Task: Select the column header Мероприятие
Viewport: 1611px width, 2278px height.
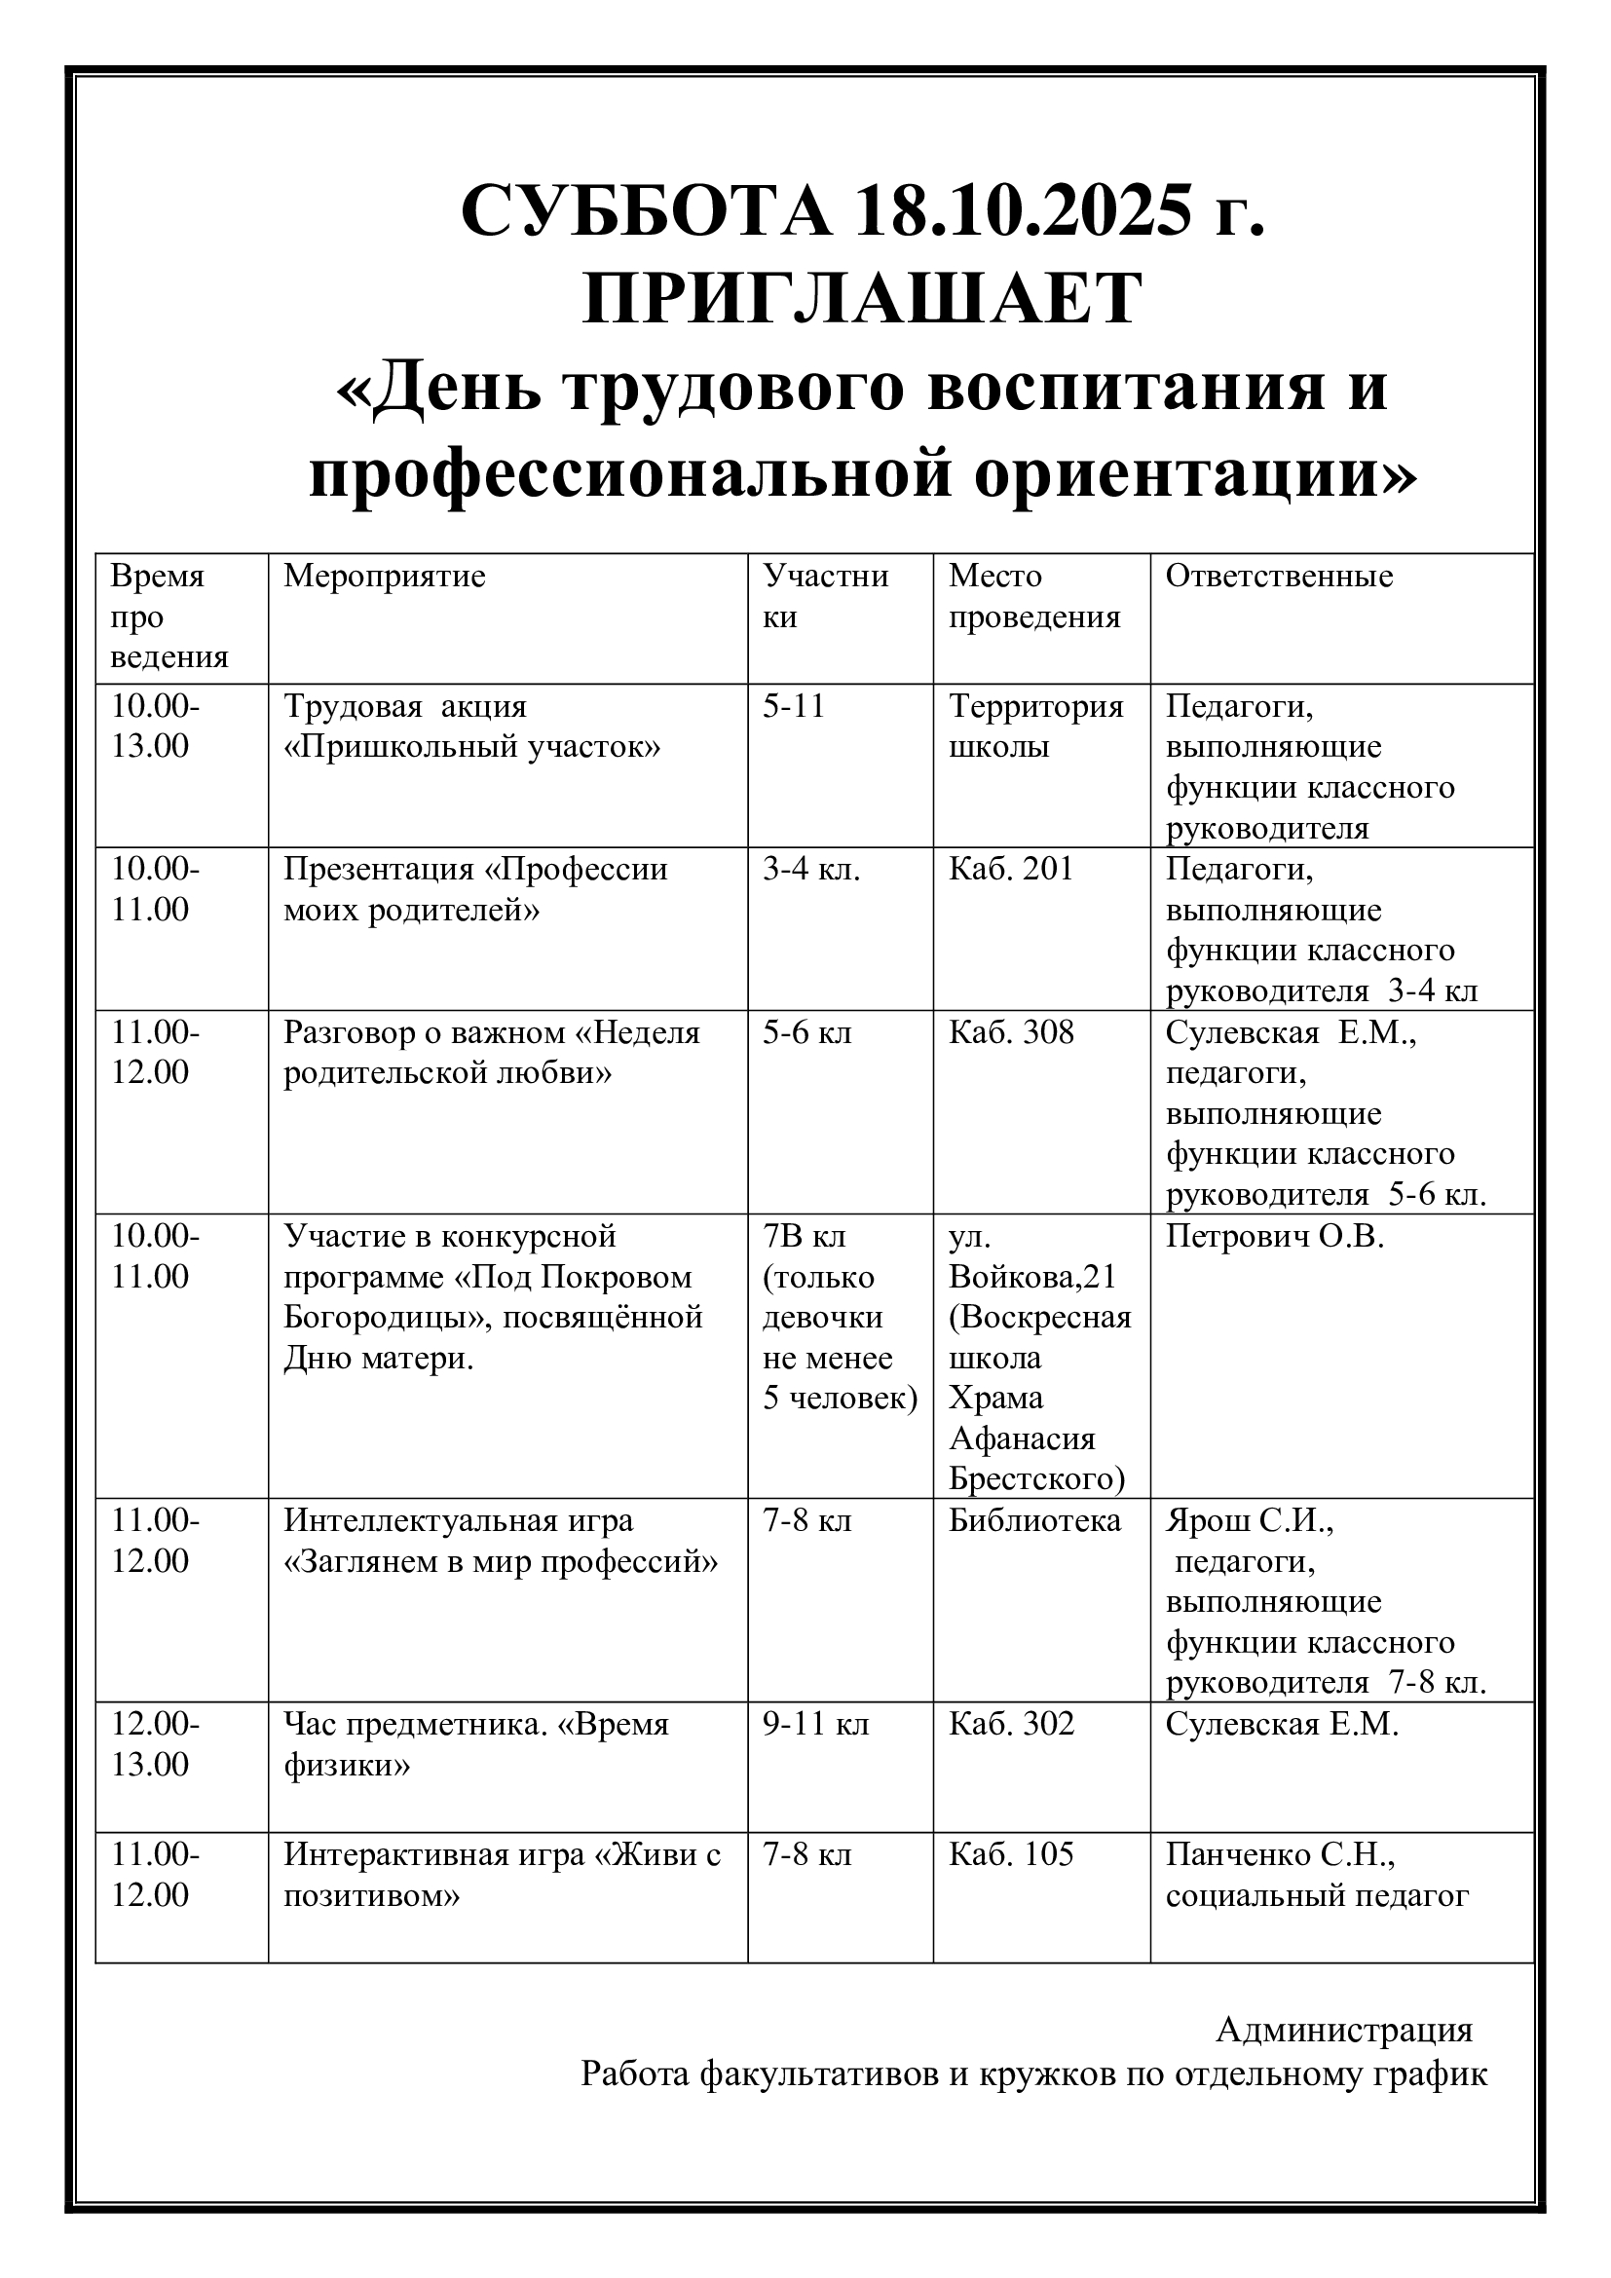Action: click(x=384, y=577)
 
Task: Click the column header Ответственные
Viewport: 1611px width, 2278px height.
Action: click(x=1279, y=577)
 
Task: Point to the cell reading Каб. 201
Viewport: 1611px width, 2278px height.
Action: click(x=1010, y=869)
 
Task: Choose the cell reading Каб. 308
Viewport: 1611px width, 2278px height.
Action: click(x=1010, y=1032)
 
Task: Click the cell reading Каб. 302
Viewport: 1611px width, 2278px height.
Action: click(x=1010, y=1724)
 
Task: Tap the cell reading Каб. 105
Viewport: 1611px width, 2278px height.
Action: click(x=1010, y=1854)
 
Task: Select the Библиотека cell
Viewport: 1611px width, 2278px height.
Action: click(x=1033, y=1521)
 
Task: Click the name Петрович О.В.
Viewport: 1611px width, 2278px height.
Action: click(x=1274, y=1236)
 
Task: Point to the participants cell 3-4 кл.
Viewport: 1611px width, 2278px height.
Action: click(x=810, y=869)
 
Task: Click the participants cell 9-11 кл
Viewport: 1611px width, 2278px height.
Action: click(x=815, y=1724)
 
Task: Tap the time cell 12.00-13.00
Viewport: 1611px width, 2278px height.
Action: click(x=154, y=1743)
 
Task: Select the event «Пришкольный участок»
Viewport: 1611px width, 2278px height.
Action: click(x=471, y=746)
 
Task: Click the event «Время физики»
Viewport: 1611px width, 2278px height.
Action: click(x=476, y=1743)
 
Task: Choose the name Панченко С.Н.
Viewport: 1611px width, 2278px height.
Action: click(x=1280, y=1854)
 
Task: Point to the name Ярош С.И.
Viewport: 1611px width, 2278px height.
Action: click(x=1248, y=1521)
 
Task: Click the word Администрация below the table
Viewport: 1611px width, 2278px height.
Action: click(x=1343, y=2030)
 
